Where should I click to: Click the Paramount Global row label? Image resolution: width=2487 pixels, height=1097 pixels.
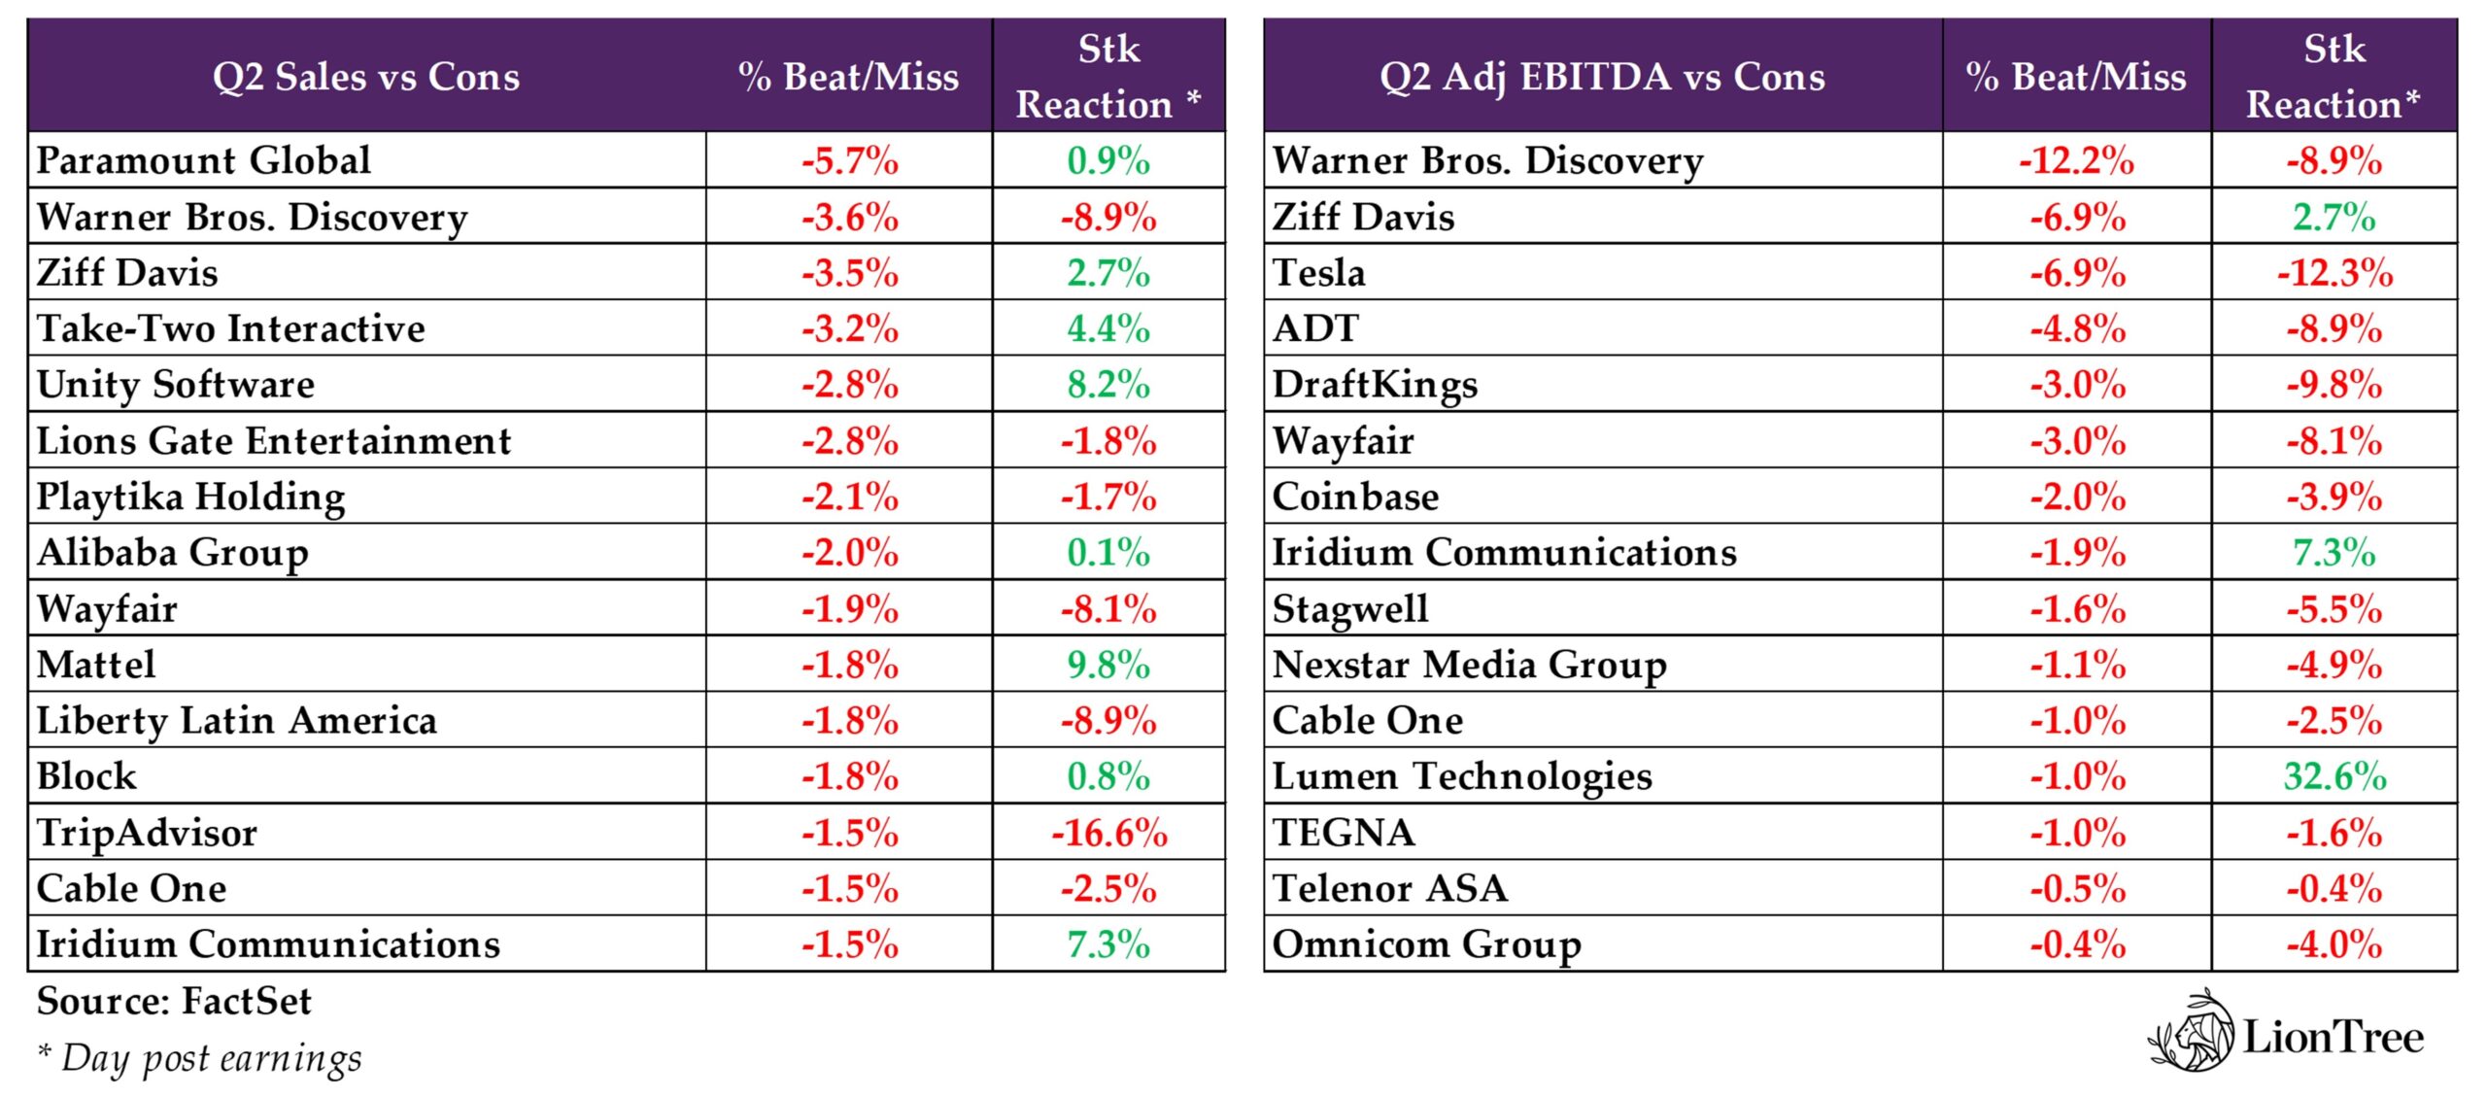[204, 160]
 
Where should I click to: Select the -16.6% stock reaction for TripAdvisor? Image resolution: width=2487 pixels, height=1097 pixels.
[1108, 833]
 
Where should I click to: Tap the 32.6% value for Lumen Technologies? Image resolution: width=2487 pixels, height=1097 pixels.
[2334, 776]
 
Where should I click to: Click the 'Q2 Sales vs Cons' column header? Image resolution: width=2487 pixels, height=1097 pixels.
[366, 77]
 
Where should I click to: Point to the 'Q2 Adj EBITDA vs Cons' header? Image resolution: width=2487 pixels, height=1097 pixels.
[1602, 77]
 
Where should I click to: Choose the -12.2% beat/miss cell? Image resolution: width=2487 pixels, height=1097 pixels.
[2076, 160]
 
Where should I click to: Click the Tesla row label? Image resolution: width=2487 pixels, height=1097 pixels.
[1318, 273]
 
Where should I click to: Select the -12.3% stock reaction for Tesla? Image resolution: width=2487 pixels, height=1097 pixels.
[2334, 273]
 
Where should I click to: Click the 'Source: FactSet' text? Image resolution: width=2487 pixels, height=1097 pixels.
[175, 1001]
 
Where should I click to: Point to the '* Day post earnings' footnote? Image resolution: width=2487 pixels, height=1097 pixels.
[199, 1057]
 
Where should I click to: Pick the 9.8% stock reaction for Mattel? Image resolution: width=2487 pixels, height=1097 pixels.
[1108, 665]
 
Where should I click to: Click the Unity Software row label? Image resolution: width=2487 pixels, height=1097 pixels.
[176, 385]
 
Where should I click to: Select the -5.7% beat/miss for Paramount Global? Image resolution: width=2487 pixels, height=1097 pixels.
[850, 160]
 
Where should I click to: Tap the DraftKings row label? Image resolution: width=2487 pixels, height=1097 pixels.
[1375, 385]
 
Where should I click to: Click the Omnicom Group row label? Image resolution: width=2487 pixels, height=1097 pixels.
[1426, 944]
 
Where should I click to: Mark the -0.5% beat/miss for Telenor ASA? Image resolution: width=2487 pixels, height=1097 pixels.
[2077, 888]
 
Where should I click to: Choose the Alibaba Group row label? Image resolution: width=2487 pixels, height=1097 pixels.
[173, 553]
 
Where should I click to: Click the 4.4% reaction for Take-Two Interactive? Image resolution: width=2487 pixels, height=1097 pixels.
[1108, 328]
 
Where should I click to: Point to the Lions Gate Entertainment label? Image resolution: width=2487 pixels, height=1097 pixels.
[274, 441]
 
